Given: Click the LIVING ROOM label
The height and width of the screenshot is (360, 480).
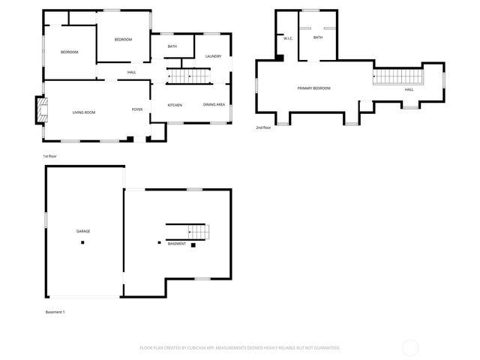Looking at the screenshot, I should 83,112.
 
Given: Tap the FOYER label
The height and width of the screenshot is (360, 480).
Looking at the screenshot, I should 137,109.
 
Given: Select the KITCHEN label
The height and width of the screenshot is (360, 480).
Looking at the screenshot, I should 175,105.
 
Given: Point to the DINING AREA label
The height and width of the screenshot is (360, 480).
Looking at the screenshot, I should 214,105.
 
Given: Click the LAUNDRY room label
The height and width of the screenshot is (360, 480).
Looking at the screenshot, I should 212,56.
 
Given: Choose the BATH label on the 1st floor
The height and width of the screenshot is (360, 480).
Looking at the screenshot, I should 172,46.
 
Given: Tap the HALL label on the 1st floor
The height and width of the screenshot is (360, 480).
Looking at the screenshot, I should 131,72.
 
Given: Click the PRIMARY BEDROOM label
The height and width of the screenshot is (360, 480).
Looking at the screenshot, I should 313,88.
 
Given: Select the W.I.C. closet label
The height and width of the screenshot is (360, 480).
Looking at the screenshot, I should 287,37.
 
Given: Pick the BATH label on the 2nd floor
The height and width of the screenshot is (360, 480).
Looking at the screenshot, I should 318,37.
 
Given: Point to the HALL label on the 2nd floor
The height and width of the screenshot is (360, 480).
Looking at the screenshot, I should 409,90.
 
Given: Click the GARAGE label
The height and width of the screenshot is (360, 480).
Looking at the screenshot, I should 83,231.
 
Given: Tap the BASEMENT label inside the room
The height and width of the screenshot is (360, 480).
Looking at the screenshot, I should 176,244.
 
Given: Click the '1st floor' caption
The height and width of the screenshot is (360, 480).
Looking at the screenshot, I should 50,156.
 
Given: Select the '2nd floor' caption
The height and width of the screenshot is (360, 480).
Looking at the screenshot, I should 263,128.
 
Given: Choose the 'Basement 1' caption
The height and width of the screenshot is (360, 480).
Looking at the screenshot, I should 55,312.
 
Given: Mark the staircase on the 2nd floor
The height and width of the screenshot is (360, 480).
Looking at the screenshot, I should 398,75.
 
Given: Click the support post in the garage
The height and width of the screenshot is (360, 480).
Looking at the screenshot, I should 83,242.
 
